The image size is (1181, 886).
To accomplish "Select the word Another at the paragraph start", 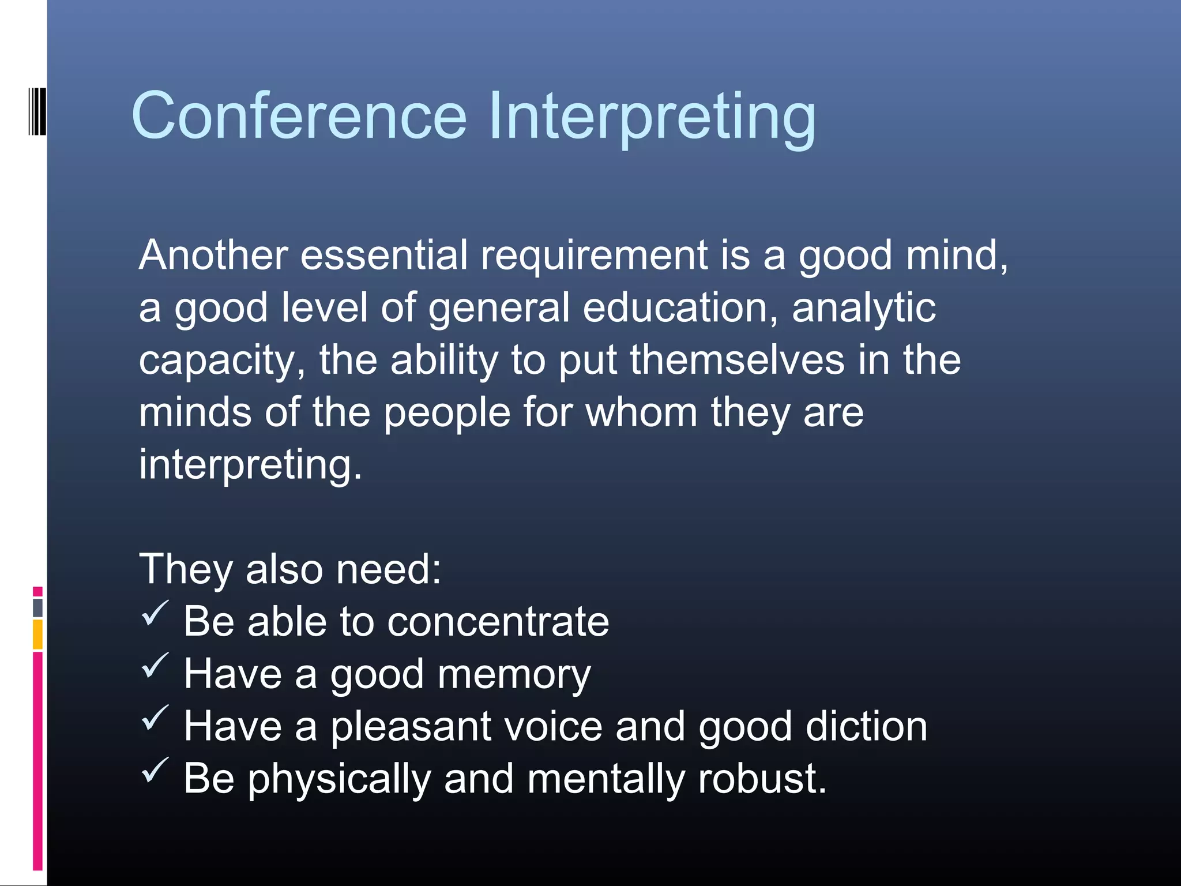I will (x=213, y=255).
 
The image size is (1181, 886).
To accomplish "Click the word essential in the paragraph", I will (x=384, y=255).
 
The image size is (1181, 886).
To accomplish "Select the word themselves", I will (x=737, y=360).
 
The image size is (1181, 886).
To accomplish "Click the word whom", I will (x=641, y=412).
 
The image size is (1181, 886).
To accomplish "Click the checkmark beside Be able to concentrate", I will (x=155, y=613).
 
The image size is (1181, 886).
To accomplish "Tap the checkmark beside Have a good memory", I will (x=155, y=666).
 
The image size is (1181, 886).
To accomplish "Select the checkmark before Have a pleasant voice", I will (x=155, y=718).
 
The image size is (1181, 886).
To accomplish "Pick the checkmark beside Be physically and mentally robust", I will (x=155, y=771).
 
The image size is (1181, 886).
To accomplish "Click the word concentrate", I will (x=498, y=622).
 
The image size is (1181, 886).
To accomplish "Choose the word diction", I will (x=867, y=726).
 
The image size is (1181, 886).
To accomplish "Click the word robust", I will (x=762, y=779).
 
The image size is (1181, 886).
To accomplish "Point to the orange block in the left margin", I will (x=37, y=635).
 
